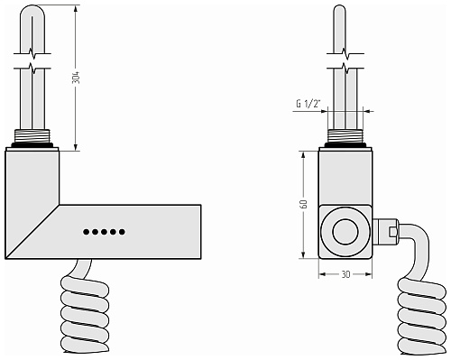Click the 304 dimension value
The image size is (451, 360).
[x=77, y=78]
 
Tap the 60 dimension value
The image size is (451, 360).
[x=304, y=204]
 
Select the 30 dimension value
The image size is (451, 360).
[x=345, y=274]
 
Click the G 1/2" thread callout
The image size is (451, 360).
[x=308, y=104]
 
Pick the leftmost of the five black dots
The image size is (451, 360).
[x=86, y=232]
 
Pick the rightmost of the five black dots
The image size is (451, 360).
[x=122, y=232]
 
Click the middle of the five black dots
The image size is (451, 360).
[x=104, y=232]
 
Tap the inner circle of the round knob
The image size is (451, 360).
[x=345, y=232]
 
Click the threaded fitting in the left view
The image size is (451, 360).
[x=32, y=136]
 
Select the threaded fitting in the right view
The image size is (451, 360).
[x=345, y=136]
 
